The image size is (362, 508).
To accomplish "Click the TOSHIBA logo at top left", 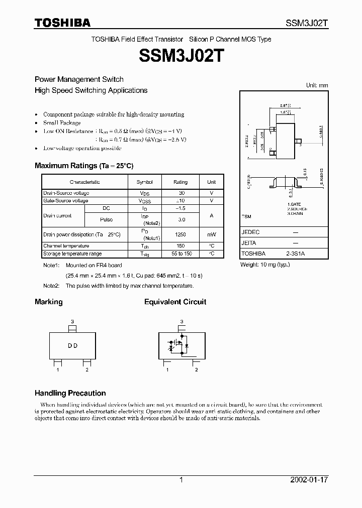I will click(62, 23).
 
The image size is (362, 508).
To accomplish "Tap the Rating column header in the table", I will click(180, 182).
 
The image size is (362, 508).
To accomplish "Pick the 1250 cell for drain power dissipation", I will click(180, 234).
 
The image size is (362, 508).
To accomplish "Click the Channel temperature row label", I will click(66, 246).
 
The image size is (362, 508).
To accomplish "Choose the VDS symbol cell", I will click(145, 193).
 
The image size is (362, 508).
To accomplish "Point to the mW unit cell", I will click(212, 234).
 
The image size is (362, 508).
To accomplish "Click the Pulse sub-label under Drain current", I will click(106, 219).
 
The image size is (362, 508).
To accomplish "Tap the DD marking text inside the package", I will click(72, 346).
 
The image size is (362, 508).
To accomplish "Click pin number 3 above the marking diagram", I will click(72, 321).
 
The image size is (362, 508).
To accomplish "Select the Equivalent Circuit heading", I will click(175, 302).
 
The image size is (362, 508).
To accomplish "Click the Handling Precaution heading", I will click(70, 393).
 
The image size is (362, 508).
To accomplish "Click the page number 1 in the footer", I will click(181, 480).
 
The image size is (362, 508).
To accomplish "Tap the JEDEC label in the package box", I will click(251, 232).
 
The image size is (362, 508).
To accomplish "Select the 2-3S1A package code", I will click(295, 254).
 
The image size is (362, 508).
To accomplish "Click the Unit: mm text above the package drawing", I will click(317, 85).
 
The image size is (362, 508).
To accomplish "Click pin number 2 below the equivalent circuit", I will click(196, 370).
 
